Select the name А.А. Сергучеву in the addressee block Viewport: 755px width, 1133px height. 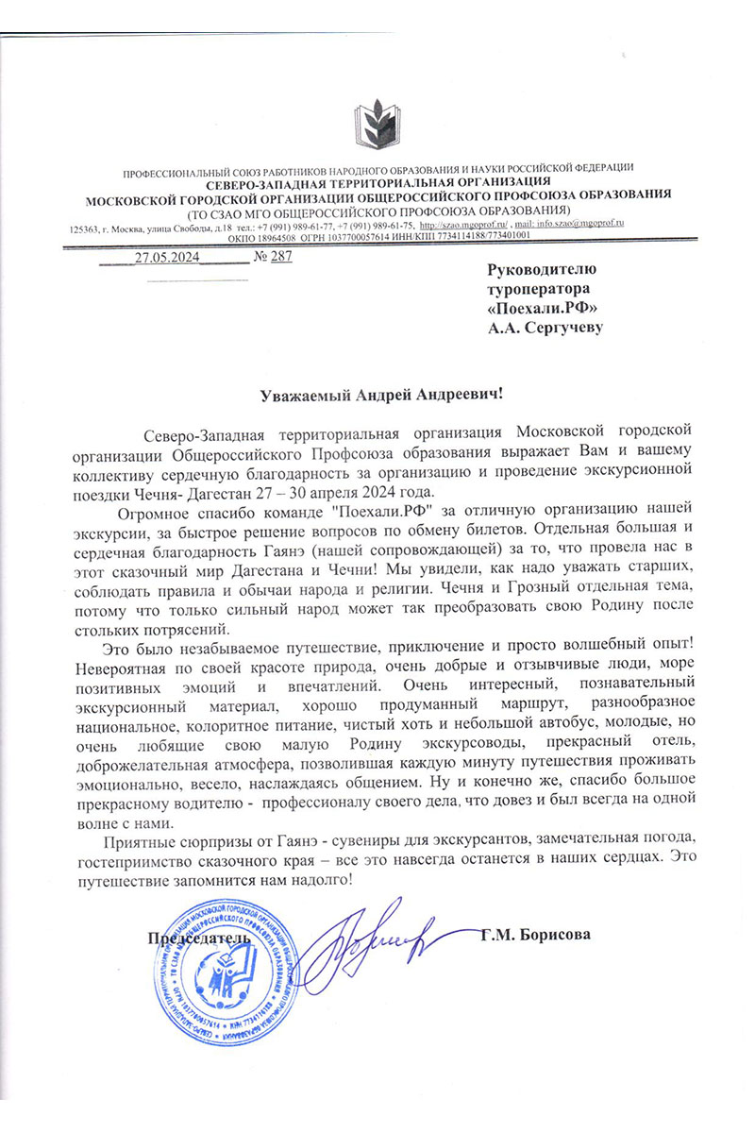point(545,328)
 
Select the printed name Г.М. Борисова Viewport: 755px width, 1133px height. point(535,936)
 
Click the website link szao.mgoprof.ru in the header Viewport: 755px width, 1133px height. point(463,226)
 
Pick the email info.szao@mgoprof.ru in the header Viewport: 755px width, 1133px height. point(583,226)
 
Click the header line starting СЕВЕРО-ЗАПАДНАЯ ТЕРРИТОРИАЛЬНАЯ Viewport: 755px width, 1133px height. point(377,182)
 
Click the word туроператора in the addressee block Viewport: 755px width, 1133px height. point(539,288)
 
